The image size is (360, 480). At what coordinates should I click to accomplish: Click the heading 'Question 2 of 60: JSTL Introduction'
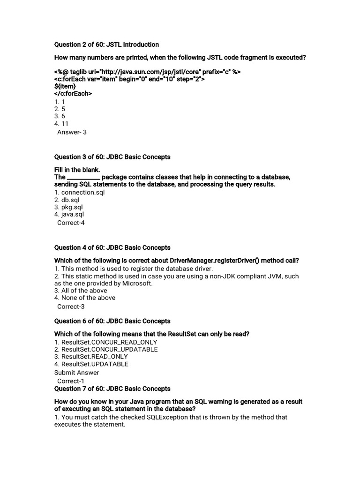[106, 45]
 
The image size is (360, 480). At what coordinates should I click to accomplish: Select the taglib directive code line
[148, 72]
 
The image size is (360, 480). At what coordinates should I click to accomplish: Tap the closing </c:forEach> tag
[73, 94]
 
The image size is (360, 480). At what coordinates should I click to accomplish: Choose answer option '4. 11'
[61, 124]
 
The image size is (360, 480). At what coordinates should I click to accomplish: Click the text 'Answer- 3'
[72, 132]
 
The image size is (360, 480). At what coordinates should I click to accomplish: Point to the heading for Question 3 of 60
[112, 157]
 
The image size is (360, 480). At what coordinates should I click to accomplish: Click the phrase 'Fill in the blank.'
[77, 169]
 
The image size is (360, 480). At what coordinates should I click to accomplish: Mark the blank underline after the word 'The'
[83, 178]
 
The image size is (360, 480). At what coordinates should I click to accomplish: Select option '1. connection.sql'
[79, 192]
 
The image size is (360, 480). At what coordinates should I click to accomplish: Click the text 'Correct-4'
[71, 223]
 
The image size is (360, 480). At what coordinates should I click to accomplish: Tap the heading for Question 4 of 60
[112, 247]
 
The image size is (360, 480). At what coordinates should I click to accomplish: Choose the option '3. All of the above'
[81, 290]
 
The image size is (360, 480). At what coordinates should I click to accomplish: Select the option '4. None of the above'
[85, 298]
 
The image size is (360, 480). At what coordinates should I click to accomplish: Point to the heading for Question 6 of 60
[112, 321]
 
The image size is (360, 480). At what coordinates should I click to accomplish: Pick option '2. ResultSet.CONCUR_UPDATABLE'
[106, 349]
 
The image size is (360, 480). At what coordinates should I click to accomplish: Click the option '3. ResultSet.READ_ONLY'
[91, 357]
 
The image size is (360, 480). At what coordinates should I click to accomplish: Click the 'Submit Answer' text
[77, 373]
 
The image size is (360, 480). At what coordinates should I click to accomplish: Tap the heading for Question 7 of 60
[112, 389]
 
